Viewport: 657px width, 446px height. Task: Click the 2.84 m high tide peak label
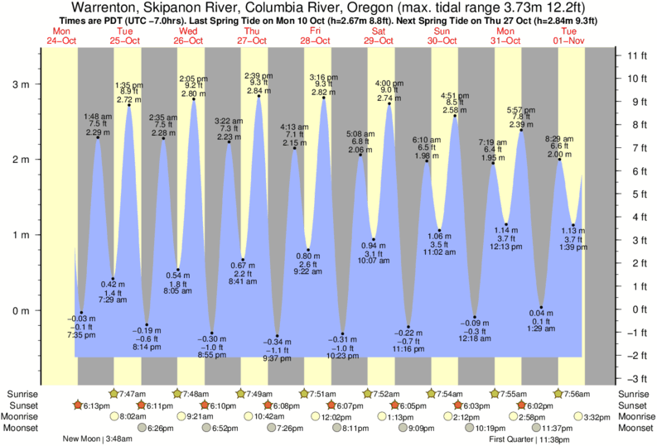pos(258,90)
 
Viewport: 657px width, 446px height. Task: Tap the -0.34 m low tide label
pos(278,342)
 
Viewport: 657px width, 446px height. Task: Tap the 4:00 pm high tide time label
pos(389,84)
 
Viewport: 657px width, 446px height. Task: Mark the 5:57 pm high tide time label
pos(520,109)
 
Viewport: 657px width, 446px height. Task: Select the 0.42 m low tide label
pos(112,284)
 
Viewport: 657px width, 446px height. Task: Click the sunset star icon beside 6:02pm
pos(521,405)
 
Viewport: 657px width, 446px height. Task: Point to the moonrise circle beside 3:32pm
pos(577,417)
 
